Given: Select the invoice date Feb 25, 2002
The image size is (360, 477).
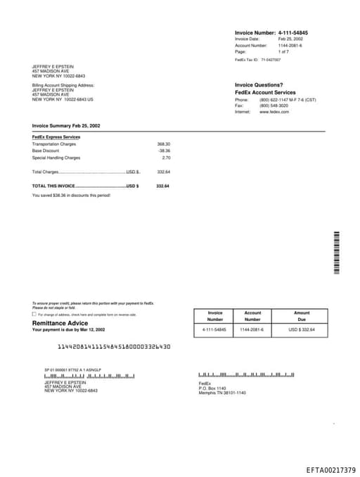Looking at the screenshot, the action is coord(290,39).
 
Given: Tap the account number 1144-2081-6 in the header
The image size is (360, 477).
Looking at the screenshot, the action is coord(290,46).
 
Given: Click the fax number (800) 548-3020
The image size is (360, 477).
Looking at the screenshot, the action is coord(274,106).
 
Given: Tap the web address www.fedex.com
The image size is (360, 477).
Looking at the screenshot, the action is coord(274,112).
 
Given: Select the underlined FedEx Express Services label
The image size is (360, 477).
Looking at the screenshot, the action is coord(56,137).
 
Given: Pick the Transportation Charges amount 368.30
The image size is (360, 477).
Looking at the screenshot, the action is coord(163,144).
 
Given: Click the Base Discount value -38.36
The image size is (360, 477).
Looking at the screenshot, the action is coord(164,151).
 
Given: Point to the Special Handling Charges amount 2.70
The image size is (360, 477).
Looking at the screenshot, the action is coord(166,158).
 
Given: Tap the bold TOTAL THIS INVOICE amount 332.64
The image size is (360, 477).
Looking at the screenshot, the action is coord(163,186).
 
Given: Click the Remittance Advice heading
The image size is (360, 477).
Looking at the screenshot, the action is coord(60,323).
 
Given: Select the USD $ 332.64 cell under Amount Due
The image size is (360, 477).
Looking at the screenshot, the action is coord(302,329).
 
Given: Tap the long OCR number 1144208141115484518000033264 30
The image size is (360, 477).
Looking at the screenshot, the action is coord(113,347).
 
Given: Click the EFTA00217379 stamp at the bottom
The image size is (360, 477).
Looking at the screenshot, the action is coord(330,469).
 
